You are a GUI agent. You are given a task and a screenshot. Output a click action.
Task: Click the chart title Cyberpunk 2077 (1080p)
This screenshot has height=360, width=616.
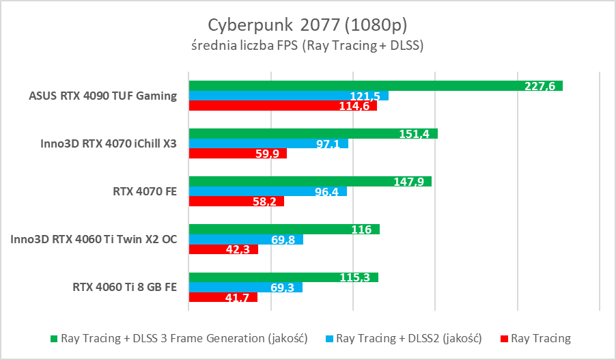coord(307,25)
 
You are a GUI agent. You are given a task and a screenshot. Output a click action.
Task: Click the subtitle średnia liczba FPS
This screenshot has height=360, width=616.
coord(307,46)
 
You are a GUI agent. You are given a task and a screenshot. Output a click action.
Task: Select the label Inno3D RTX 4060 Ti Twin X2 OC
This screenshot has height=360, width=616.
coord(94,240)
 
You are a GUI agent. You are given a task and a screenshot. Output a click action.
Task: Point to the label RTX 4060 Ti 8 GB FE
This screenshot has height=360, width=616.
coord(124,288)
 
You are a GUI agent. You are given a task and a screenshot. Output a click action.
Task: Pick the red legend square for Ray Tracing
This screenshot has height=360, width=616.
coord(504,339)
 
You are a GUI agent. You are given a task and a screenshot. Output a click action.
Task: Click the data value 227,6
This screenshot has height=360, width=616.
coord(540,85)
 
